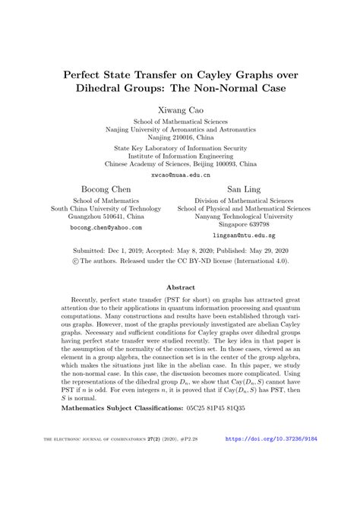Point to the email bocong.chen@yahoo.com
106,227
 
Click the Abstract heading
180,289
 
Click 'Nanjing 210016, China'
180,138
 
